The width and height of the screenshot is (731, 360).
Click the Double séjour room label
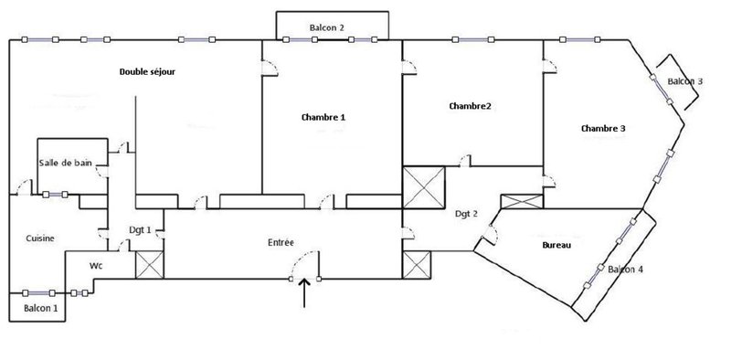tap(147, 72)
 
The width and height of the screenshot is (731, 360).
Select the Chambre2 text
tap(470, 106)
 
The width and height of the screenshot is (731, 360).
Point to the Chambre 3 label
tap(603, 128)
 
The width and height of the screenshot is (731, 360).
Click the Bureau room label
tap(556, 245)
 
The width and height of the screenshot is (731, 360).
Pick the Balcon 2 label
tap(327, 28)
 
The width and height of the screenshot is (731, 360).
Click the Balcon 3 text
tap(684, 81)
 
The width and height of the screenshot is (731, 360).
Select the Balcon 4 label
tap(626, 270)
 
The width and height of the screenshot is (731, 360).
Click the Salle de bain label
tap(65, 164)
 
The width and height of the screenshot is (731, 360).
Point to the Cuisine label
tap(40, 238)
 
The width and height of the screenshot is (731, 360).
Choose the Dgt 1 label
tap(141, 229)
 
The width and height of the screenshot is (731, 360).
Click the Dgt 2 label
tap(466, 214)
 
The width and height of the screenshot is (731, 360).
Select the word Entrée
tap(281, 242)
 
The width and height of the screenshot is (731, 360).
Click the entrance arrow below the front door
tap(304, 293)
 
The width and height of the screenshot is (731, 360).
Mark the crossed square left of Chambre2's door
tap(424, 187)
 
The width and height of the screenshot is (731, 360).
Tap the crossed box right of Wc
tap(150, 265)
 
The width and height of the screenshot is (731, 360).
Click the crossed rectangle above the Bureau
tap(522, 201)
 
